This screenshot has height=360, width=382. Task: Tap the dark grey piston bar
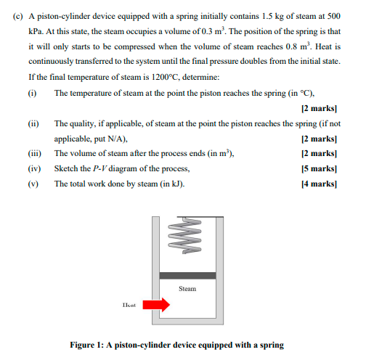tap(187, 275)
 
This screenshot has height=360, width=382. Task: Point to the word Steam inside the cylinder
tap(187, 289)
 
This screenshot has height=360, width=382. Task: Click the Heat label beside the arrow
tap(129, 306)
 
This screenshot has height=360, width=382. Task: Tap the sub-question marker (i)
tap(31, 94)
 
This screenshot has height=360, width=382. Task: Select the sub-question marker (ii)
tap(33, 124)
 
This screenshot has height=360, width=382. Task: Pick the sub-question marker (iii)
tap(34, 154)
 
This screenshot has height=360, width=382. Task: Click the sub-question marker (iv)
tap(33, 168)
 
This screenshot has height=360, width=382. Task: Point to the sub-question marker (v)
tap(32, 184)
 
